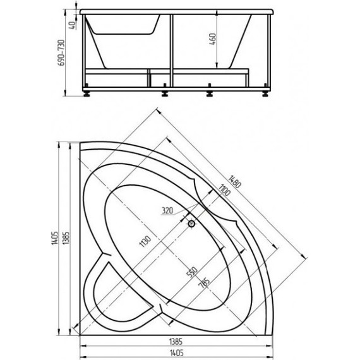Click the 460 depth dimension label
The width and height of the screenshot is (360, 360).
[x=213, y=39]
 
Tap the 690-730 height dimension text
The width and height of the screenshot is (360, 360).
[x=61, y=52]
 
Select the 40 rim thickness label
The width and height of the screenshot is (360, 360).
[x=72, y=25]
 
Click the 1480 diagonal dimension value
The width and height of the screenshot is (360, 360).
[x=234, y=182]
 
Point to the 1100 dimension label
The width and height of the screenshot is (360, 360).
[x=224, y=190]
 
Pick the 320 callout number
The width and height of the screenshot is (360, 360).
[x=167, y=210]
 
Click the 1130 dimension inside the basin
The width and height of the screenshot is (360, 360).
[x=145, y=241]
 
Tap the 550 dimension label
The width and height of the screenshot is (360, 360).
[x=192, y=272]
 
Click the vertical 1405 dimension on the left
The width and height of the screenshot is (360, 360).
[x=55, y=238]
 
